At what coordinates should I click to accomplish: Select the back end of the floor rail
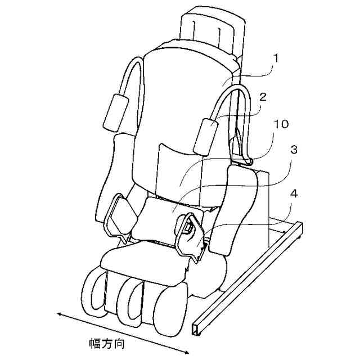[x=299, y=228]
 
